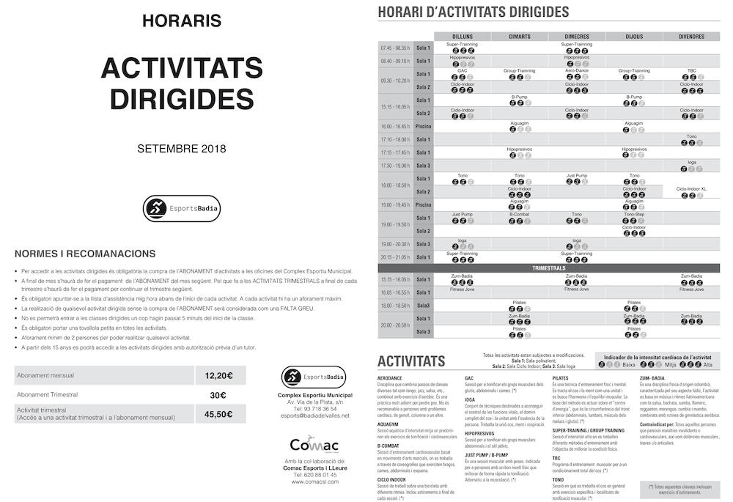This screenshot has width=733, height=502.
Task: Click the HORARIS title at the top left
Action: click(181, 21)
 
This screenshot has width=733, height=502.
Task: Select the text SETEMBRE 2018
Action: click(181, 149)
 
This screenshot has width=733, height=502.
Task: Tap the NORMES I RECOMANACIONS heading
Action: click(85, 254)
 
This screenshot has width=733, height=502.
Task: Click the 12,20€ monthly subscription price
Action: click(218, 375)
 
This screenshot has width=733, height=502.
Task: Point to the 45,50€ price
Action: click(218, 414)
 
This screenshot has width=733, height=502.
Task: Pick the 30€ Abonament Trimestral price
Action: click(218, 395)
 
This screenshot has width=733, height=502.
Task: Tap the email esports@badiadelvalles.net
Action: click(314, 416)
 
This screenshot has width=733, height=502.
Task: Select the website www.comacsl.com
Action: click(314, 482)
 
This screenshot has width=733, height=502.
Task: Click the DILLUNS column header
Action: click(462, 36)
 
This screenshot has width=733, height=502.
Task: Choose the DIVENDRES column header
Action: click(691, 36)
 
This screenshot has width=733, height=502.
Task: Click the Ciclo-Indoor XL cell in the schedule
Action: click(691, 189)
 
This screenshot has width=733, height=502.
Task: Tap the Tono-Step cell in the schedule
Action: click(634, 215)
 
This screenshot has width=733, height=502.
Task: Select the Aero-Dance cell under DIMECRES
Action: click(577, 70)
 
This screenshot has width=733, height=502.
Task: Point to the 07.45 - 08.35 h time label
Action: click(395, 48)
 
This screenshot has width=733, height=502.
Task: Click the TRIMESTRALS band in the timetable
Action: click(548, 268)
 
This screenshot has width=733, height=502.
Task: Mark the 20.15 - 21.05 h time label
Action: click(395, 257)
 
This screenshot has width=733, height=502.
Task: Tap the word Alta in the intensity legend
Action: click(707, 364)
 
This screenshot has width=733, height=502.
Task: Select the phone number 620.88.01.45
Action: click(314, 474)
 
